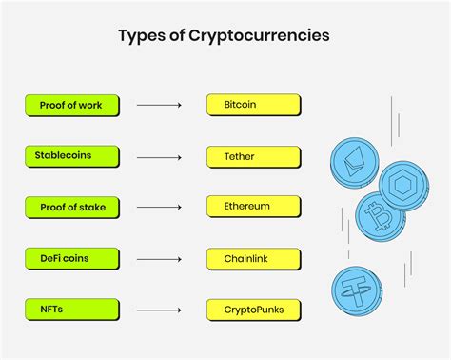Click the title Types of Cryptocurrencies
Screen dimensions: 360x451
(225, 36)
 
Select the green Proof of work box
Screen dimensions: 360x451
(72, 105)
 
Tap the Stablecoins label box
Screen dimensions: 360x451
(72, 156)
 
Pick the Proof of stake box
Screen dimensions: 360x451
(72, 207)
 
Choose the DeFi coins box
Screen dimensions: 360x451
(72, 258)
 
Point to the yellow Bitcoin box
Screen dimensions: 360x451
(252, 105)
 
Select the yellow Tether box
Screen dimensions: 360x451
(252, 156)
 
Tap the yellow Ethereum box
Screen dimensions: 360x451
(252, 207)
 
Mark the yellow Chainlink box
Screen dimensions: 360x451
(252, 258)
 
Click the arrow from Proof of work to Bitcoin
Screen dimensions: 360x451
(159, 105)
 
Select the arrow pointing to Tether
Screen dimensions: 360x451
(159, 156)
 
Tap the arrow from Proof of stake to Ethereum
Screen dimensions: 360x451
(159, 207)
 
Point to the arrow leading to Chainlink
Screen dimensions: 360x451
(159, 258)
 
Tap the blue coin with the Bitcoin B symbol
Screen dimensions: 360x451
(379, 216)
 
